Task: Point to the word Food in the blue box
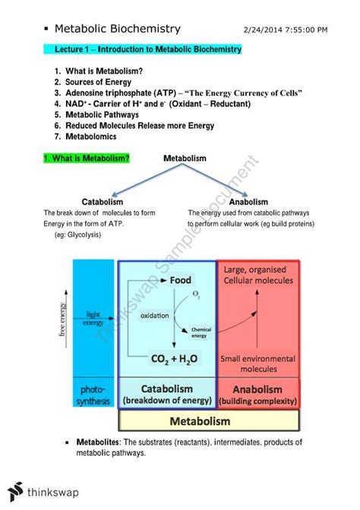click(181, 280)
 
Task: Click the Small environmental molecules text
click(257, 363)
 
